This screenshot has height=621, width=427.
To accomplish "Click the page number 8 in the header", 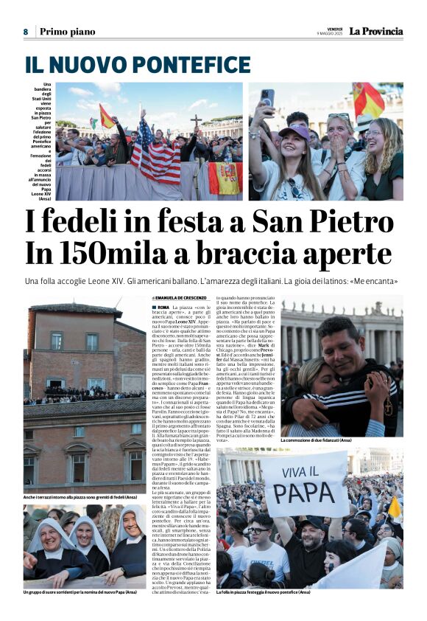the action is [x=25, y=32].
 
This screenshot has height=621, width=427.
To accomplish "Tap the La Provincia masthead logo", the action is [x=375, y=31].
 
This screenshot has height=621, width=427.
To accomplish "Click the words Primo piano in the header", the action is [x=67, y=32].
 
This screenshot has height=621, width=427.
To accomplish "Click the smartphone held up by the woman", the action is [x=267, y=97].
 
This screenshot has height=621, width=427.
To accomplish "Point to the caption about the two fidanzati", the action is [x=316, y=440].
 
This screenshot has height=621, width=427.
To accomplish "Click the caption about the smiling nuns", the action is [x=79, y=592].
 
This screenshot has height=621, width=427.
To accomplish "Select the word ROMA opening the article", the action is [x=163, y=306].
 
